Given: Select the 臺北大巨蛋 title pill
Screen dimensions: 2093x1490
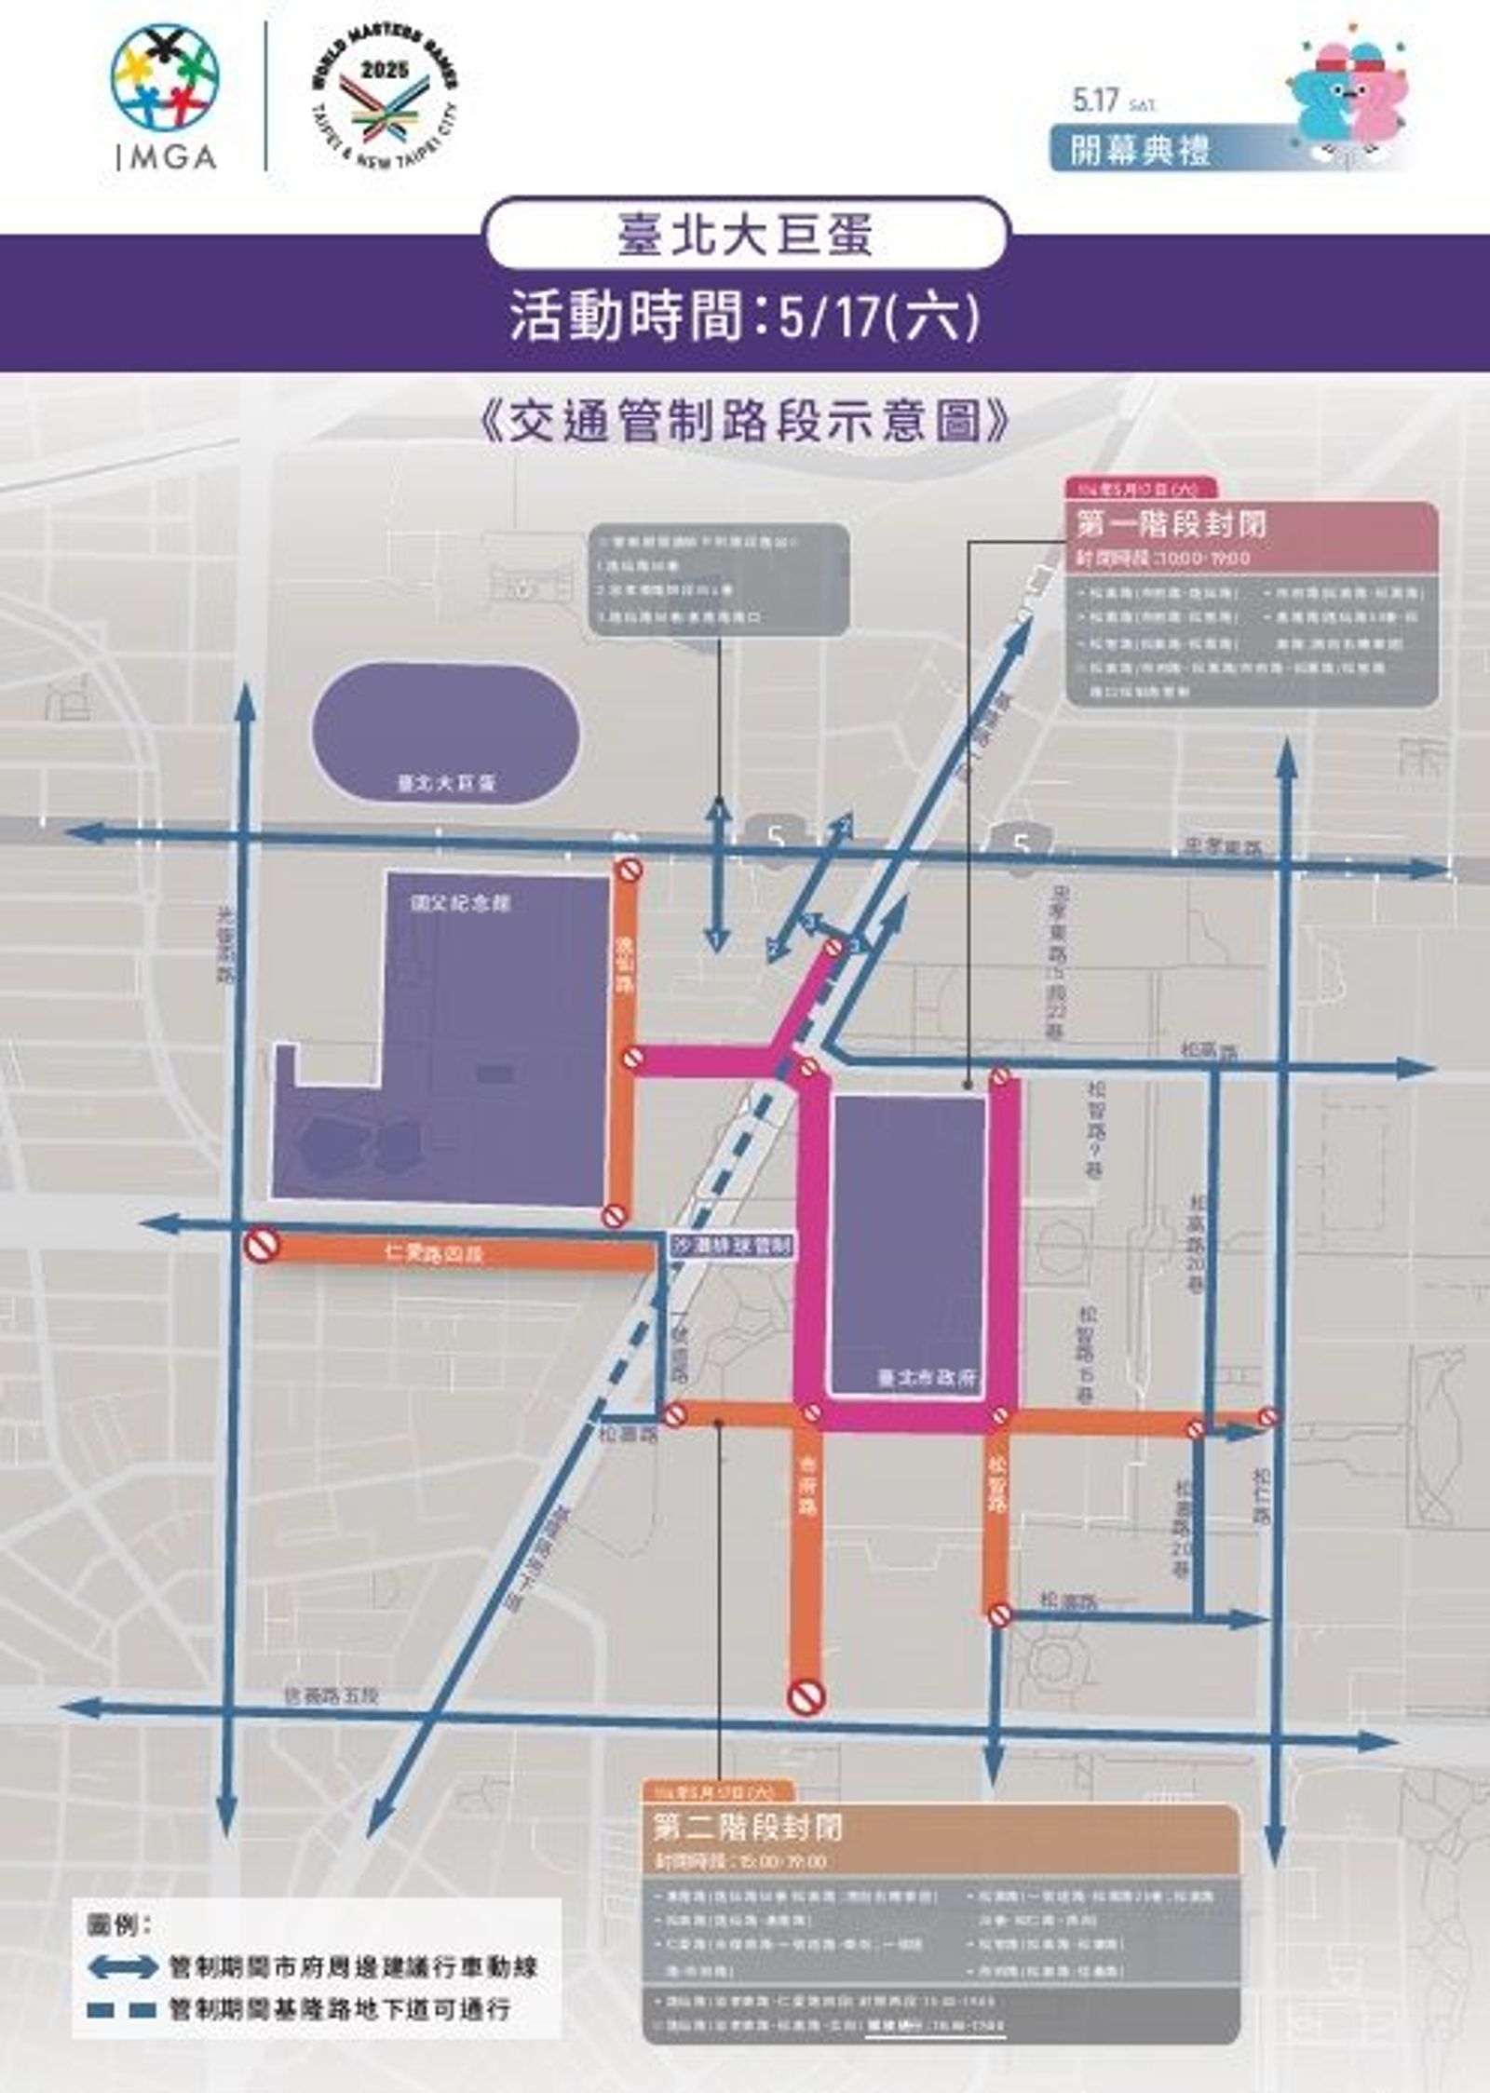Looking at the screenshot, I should coord(746,234).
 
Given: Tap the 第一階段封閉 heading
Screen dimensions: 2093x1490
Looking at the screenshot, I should coord(1172,524).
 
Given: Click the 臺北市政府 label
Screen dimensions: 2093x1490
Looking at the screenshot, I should coord(927,1377).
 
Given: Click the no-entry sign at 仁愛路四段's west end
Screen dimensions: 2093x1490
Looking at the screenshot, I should coord(262,1246).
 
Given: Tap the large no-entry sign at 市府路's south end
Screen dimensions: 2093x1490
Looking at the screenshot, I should coord(806,1696).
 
